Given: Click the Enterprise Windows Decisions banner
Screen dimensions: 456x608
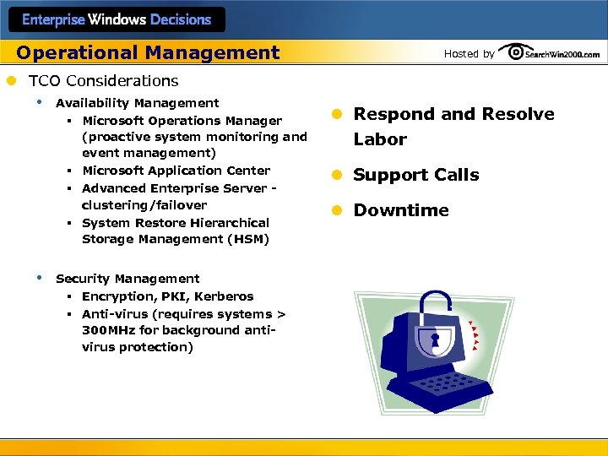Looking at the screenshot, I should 117,19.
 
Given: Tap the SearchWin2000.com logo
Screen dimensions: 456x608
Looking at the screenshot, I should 550,53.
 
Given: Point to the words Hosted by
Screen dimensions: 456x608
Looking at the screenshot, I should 469,54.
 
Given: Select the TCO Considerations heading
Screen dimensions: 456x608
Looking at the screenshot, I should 103,81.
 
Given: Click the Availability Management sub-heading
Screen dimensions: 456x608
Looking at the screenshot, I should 137,103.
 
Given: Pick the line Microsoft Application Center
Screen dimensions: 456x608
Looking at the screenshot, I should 176,171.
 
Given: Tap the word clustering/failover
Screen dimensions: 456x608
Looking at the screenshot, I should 144,205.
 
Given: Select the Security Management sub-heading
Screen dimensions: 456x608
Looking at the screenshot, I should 128,279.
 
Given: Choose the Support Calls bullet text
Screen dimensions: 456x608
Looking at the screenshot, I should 415,175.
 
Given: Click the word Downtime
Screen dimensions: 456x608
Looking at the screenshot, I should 401,210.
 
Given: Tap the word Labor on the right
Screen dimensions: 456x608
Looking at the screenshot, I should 380,139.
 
